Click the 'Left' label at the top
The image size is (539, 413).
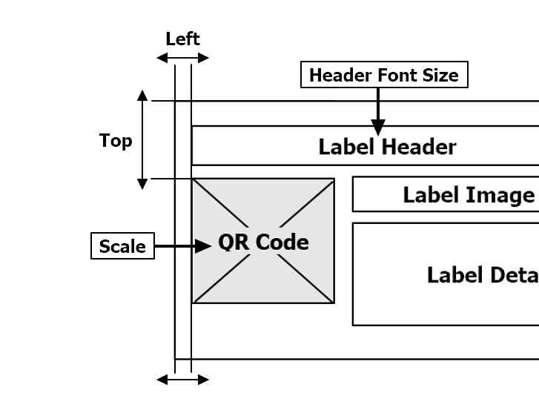182,39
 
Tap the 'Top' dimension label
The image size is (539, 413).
116,140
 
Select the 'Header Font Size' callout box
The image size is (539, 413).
383,75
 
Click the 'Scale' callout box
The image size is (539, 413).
122,246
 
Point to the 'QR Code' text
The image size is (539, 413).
263,242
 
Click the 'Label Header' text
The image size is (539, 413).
387,147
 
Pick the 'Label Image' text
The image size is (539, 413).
468,195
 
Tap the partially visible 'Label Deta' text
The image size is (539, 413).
482,275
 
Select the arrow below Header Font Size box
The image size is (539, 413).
378,111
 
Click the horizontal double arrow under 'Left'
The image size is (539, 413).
183,58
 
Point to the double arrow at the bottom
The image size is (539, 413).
183,380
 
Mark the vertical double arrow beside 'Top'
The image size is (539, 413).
143,139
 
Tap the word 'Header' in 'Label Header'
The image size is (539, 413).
419,147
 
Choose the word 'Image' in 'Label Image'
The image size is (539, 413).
501,195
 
